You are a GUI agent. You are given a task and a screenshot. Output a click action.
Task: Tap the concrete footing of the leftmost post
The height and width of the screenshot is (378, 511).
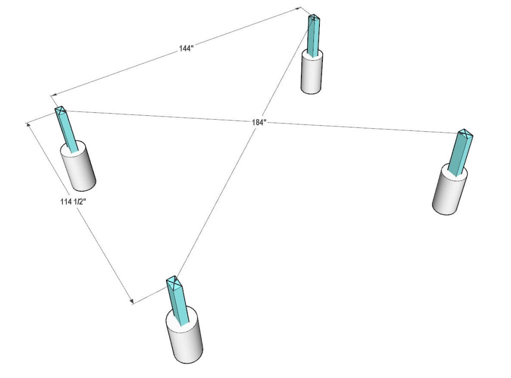coord(80,170)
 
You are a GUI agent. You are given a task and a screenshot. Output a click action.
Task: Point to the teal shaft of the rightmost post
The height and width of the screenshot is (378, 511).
coord(459,154)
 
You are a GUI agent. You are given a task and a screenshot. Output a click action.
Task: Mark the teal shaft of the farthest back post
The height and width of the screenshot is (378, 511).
coord(313,37)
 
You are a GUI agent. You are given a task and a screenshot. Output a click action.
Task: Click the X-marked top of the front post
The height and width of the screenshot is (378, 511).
coord(173,283)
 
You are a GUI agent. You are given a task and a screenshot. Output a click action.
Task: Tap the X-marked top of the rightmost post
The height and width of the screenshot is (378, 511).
coord(465,133)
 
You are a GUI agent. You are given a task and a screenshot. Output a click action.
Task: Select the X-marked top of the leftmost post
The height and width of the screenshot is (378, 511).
coord(60,110)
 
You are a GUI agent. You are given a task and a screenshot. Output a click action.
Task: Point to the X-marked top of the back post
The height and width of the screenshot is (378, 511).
coord(313,18)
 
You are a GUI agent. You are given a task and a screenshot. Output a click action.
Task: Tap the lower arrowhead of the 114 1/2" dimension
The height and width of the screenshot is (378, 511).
coord(132,301)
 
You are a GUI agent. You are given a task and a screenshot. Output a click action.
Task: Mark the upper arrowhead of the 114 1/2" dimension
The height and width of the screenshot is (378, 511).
coord(28,123)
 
